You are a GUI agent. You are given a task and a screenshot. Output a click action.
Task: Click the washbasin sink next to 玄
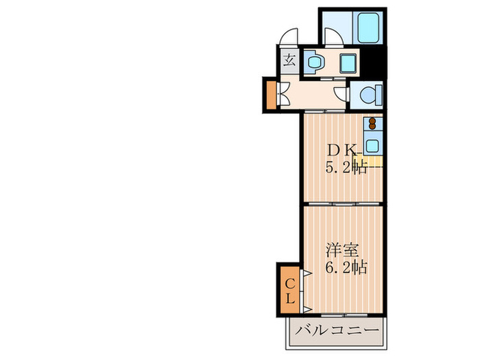(315, 62)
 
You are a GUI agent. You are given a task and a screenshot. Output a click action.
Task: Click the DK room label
(341, 149)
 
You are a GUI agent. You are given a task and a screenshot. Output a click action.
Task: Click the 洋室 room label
(340, 250)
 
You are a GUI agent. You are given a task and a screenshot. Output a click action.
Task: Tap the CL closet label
(290, 291)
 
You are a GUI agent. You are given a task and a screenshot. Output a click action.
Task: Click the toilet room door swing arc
(341, 93)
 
